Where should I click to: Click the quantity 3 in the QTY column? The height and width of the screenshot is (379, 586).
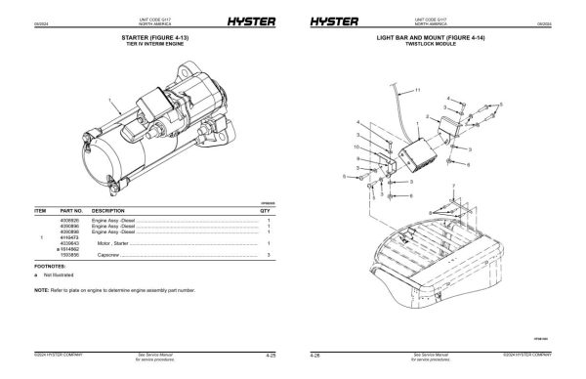[268, 255]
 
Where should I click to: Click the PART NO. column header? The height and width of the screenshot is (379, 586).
[71, 210]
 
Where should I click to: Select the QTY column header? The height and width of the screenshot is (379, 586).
[265, 210]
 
